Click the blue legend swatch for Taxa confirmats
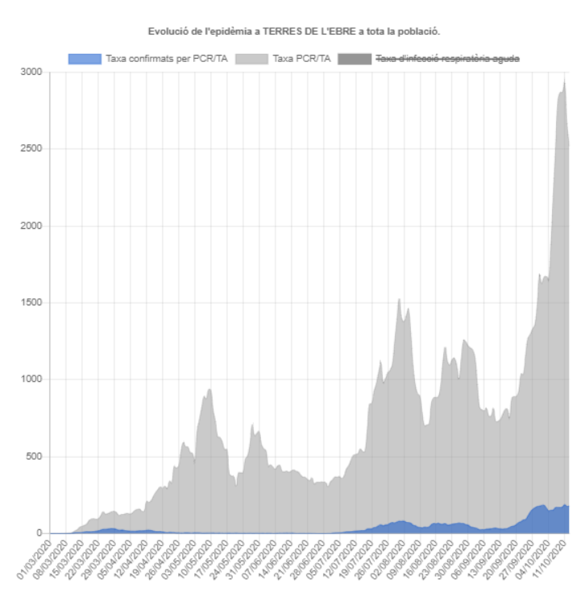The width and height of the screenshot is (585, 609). coord(85,59)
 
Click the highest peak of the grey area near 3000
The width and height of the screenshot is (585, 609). coord(564,81)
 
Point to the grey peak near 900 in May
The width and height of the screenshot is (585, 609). coord(210,390)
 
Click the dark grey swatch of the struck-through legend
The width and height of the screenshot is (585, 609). coord(355,59)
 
